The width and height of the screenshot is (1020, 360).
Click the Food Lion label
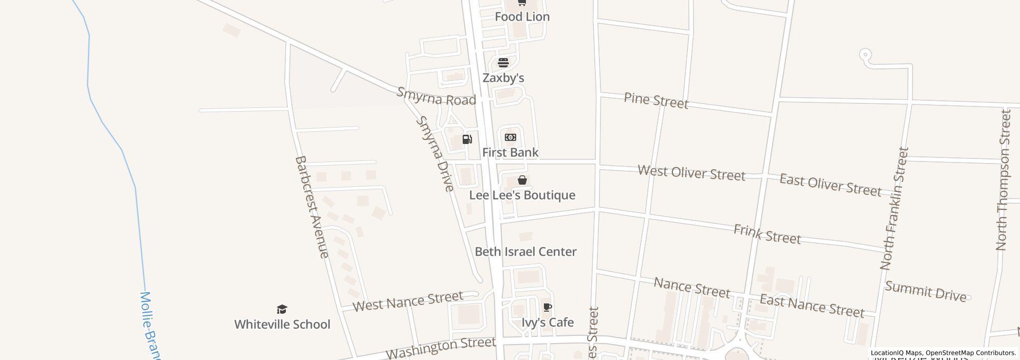522,17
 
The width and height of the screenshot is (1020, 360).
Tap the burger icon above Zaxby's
503,63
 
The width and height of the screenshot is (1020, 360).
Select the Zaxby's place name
503,78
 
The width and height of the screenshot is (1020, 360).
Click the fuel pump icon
467,139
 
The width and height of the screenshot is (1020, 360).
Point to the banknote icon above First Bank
511,137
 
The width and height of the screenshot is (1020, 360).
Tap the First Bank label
510,153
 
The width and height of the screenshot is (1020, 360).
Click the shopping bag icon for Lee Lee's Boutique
522,180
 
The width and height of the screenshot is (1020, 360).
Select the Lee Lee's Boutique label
522,195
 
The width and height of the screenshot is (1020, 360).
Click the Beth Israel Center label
525,252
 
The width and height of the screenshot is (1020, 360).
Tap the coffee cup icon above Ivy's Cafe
548,308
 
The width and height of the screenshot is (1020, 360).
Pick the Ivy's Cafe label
548,322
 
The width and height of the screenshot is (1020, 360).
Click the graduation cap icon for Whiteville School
282,309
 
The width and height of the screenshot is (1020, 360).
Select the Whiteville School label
282,325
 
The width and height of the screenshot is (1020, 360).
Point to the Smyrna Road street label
436,97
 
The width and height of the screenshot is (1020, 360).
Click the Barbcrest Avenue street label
311,207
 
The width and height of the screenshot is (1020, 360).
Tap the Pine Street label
656,100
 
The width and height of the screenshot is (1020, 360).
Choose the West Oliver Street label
691,173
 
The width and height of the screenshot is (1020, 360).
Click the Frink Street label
767,234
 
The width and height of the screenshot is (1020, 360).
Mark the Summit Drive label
925,292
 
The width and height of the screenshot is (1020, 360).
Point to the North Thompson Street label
1004,180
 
